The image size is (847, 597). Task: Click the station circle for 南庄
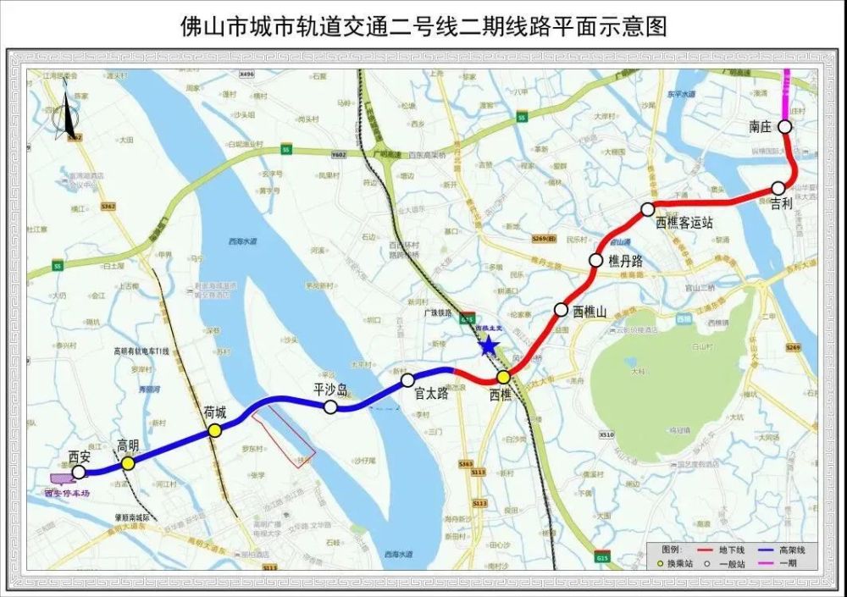click(785, 127)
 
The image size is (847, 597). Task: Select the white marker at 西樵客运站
click(648, 208)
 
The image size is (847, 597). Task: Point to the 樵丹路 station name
click(626, 263)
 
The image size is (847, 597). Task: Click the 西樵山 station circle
click(561, 310)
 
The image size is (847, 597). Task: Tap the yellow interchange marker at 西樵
click(503, 377)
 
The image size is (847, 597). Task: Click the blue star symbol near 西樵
click(488, 345)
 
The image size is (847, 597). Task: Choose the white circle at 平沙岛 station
click(330, 407)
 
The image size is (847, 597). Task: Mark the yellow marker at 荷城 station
click(215, 430)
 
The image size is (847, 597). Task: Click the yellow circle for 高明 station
click(127, 463)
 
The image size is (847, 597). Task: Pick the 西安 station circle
click(79, 472)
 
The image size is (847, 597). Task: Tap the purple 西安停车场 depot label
click(67, 491)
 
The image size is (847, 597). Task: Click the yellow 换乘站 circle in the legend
click(660, 562)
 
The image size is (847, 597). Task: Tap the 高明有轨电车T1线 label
click(142, 351)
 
